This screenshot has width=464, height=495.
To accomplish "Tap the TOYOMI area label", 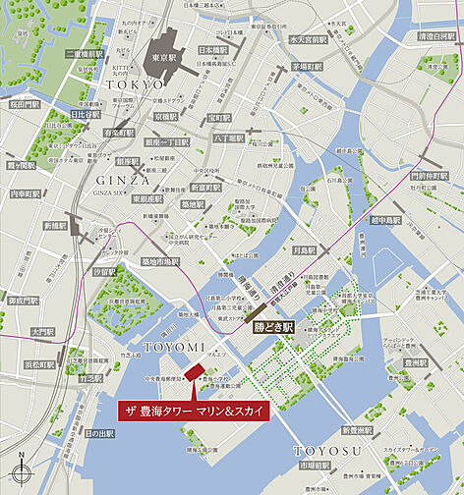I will [173, 348].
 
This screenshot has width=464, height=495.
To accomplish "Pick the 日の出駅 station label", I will [99, 433].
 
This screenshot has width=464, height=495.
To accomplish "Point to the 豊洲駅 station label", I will [416, 361].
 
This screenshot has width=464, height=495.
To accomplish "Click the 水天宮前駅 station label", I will [307, 40].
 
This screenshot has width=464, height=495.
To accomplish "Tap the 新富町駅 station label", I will [206, 187].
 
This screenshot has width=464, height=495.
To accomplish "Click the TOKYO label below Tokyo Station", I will [132, 86].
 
